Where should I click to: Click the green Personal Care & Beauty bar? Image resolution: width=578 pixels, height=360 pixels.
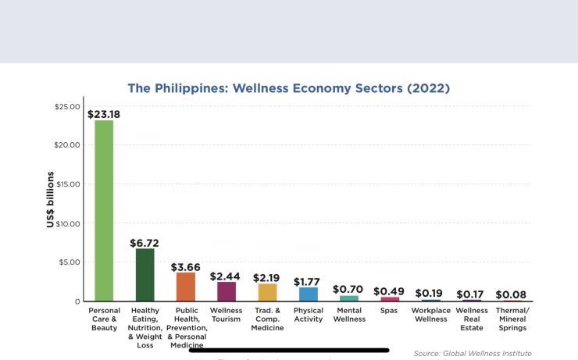tap(104, 211)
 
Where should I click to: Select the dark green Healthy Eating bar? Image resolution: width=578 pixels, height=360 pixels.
tap(144, 275)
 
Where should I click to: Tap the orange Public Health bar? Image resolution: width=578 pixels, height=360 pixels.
tap(186, 287)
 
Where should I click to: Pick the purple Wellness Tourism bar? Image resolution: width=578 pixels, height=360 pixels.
tap(227, 291)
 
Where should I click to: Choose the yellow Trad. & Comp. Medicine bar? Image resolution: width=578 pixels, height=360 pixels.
tap(267, 292)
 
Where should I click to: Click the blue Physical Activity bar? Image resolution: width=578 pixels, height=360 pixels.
tap(309, 294)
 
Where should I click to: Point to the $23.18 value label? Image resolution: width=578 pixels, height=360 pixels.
tap(104, 114)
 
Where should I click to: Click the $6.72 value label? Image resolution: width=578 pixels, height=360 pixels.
tap(144, 242)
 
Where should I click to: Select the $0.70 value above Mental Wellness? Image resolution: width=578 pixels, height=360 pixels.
tap(348, 289)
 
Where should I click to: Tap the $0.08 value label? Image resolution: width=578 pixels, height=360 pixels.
tap(512, 294)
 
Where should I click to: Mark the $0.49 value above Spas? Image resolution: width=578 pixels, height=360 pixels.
tap(389, 291)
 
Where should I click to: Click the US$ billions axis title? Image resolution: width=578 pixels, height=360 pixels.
tap(51, 199)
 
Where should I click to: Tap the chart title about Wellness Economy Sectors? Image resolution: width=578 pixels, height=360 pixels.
tap(288, 88)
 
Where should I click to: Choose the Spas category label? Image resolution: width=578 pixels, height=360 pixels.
tap(389, 311)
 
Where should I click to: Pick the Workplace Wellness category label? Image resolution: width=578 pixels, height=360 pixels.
tap(430, 315)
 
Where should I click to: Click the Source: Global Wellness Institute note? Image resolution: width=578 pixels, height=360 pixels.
tap(473, 353)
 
